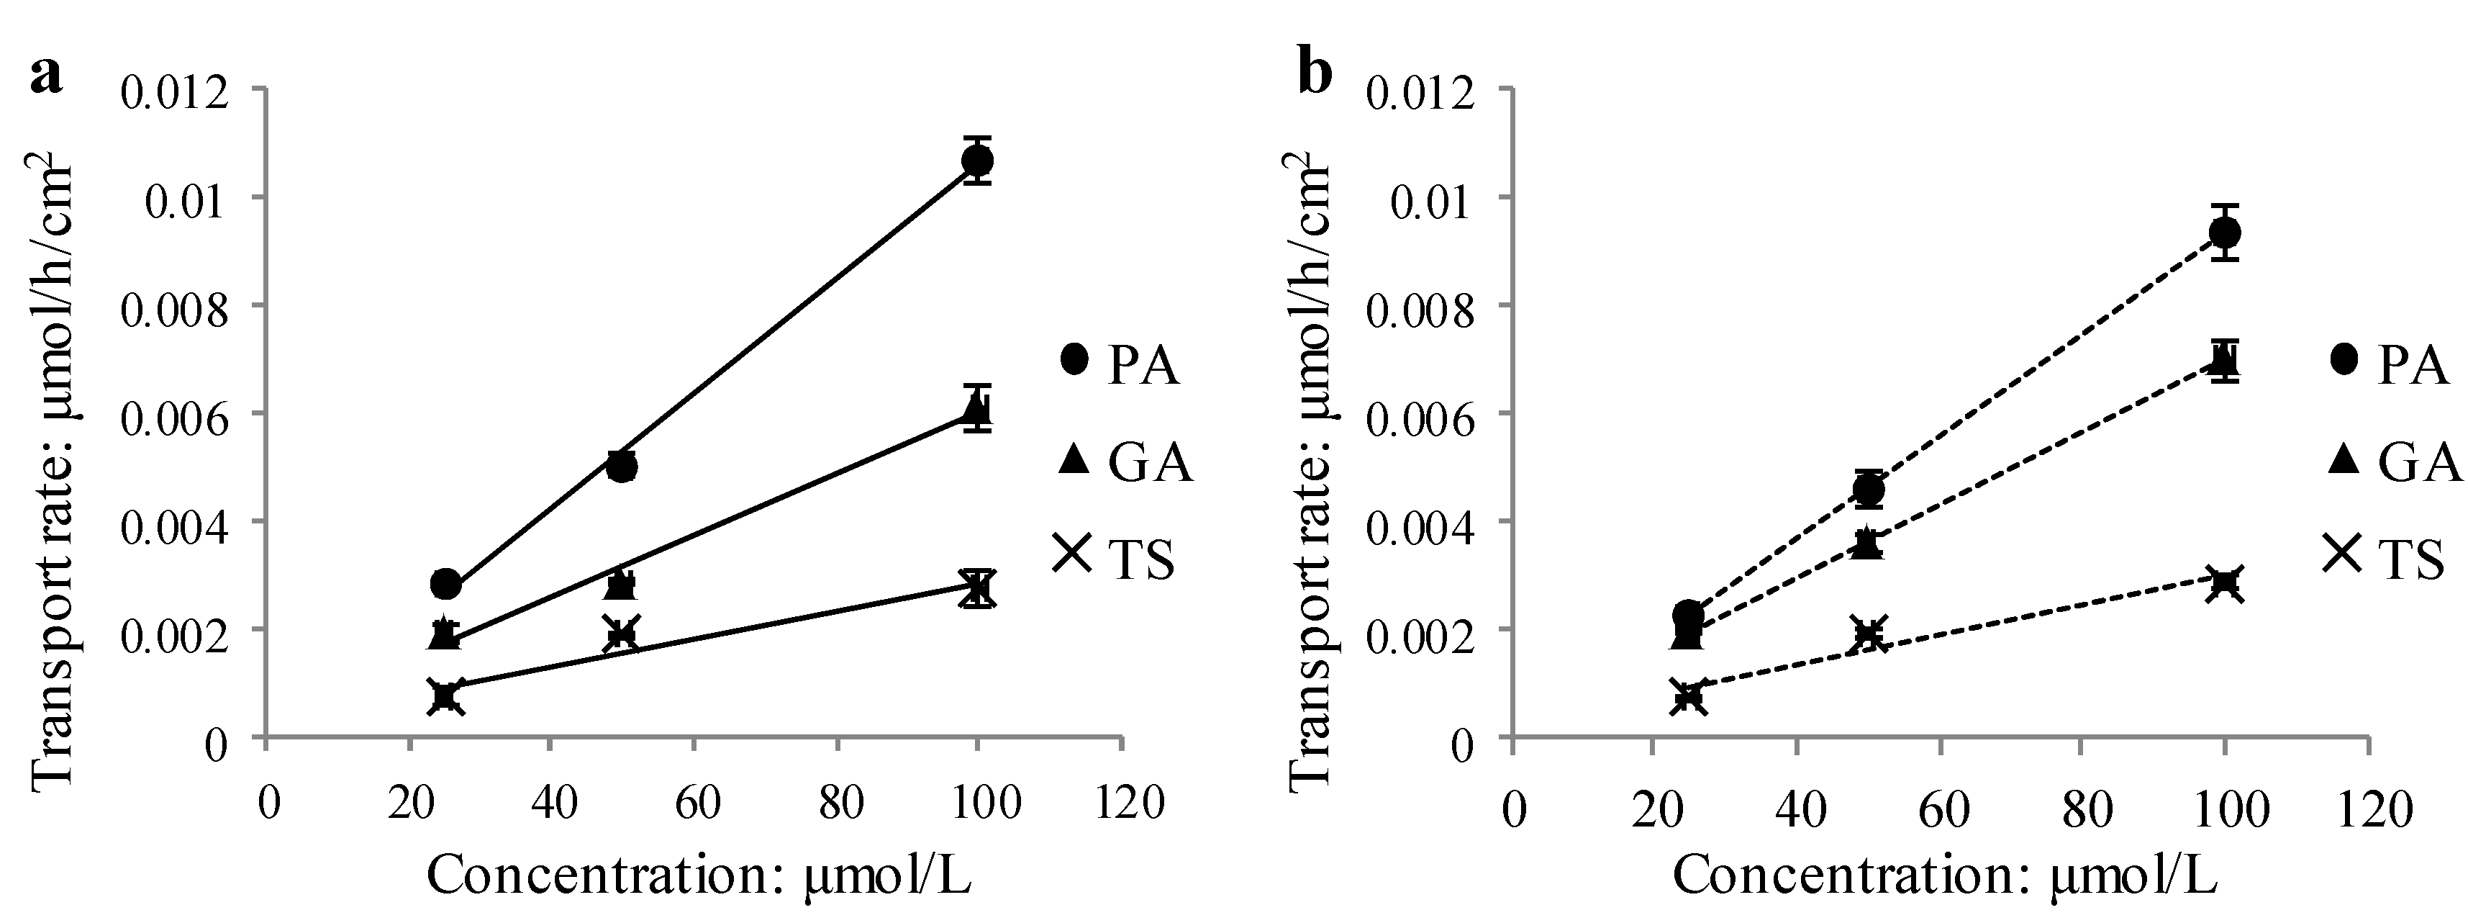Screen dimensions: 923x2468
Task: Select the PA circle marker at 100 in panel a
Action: click(976, 160)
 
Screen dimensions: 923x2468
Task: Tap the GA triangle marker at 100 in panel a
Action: click(976, 410)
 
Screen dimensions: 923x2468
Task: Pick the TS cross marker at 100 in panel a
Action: click(976, 587)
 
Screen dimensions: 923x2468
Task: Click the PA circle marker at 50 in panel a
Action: click(622, 467)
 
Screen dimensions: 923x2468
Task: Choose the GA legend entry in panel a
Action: click(1126, 462)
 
